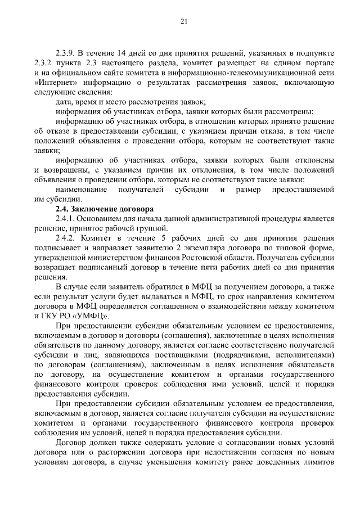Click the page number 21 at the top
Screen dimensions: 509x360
tap(183, 22)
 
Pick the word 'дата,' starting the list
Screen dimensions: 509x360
tap(67, 102)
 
